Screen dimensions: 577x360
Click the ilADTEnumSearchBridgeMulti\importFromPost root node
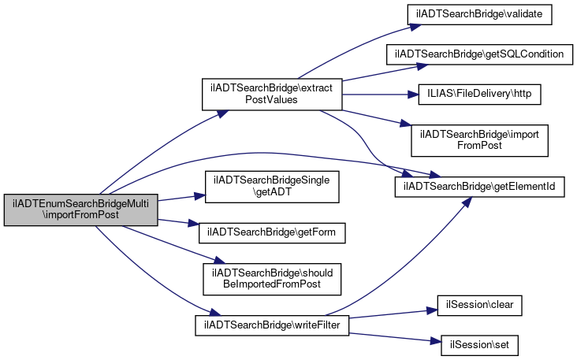[81, 210]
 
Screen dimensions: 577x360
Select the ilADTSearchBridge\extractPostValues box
[272, 95]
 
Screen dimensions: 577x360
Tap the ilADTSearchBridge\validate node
[479, 15]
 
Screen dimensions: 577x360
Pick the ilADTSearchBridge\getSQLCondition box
[479, 55]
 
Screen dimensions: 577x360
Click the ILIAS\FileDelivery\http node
[479, 95]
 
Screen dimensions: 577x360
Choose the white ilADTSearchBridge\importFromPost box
[479, 140]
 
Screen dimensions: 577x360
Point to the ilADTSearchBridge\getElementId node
[479, 187]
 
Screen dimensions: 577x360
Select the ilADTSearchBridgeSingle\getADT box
[272, 187]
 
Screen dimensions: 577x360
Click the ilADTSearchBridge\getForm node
[272, 232]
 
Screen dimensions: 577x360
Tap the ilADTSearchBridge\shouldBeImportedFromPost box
[272, 279]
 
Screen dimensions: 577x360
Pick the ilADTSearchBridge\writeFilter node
[272, 325]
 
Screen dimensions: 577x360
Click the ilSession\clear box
[479, 305]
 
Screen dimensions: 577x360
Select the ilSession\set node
[479, 345]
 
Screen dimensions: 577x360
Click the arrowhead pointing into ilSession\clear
[433, 310]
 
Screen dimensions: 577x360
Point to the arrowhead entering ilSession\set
[436, 341]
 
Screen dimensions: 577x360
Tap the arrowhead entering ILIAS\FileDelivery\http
[413, 95]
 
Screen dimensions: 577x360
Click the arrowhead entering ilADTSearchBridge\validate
[416, 27]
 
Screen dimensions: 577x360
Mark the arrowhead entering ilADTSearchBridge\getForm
[194, 223]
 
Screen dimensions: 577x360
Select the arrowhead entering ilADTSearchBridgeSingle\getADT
[199, 196]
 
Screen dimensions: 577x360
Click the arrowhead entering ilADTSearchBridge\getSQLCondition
[423, 66]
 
